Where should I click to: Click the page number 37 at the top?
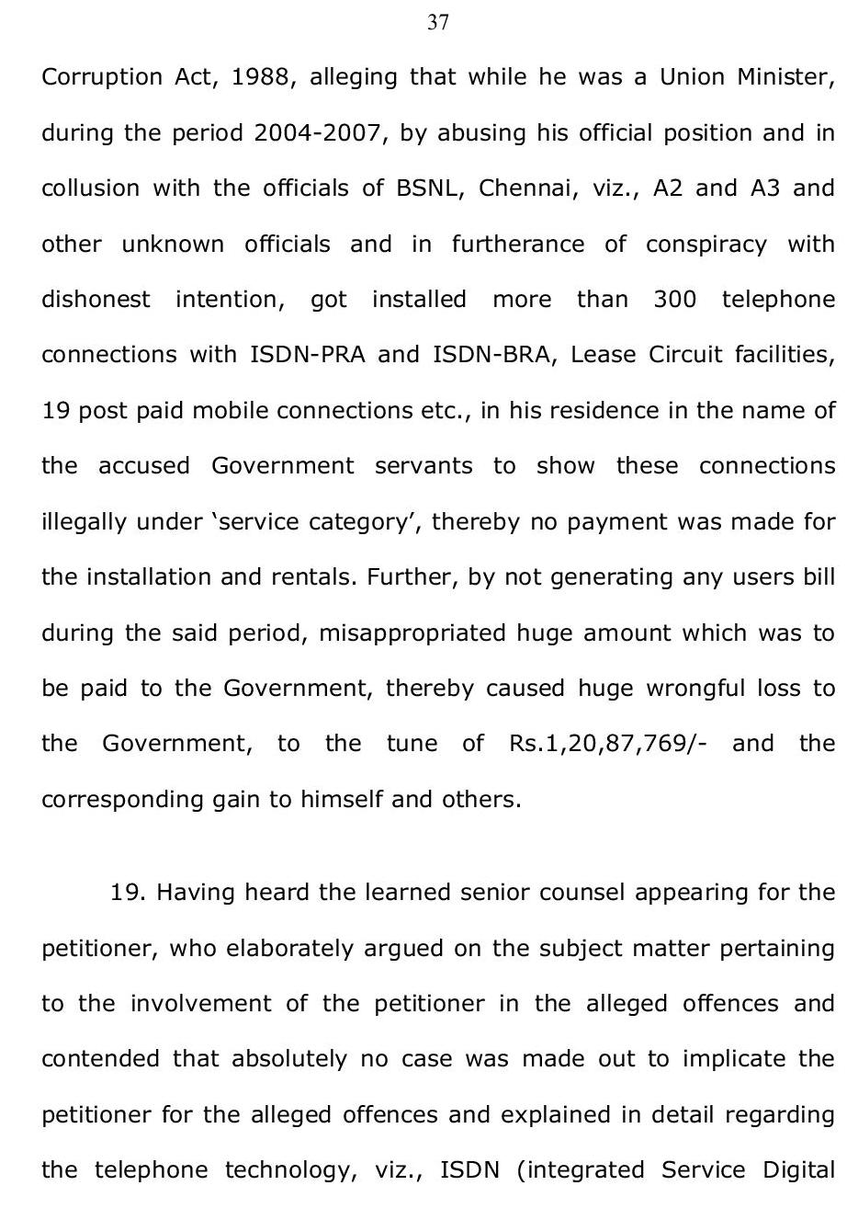438,23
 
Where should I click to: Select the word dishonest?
96,300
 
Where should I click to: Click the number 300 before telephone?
675,300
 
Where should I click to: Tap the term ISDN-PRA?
308,355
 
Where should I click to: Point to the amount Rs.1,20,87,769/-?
607,744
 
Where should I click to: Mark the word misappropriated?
412,633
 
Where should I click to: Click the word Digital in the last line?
799,1170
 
